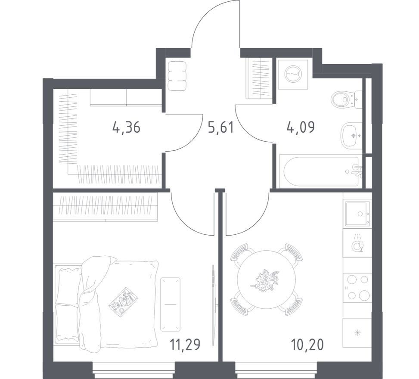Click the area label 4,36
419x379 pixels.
127,127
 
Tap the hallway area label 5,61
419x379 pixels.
221,127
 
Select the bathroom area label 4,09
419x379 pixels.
301,127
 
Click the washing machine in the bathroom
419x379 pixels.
293,75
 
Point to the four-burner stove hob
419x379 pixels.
357,287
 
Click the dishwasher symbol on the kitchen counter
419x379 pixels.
357,243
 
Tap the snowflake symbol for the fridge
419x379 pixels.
357,333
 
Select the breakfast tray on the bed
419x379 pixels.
124,300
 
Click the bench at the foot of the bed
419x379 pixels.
170,304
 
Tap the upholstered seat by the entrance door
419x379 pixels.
177,76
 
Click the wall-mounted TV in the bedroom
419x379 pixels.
213,305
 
